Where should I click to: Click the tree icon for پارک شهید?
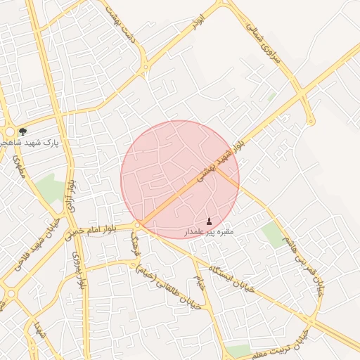tap(23, 131)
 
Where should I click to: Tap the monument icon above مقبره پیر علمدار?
tap(209, 221)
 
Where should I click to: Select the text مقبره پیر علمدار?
tap(208, 231)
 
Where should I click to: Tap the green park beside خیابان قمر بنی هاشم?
tap(271, 233)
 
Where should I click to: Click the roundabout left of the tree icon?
tap(9, 133)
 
